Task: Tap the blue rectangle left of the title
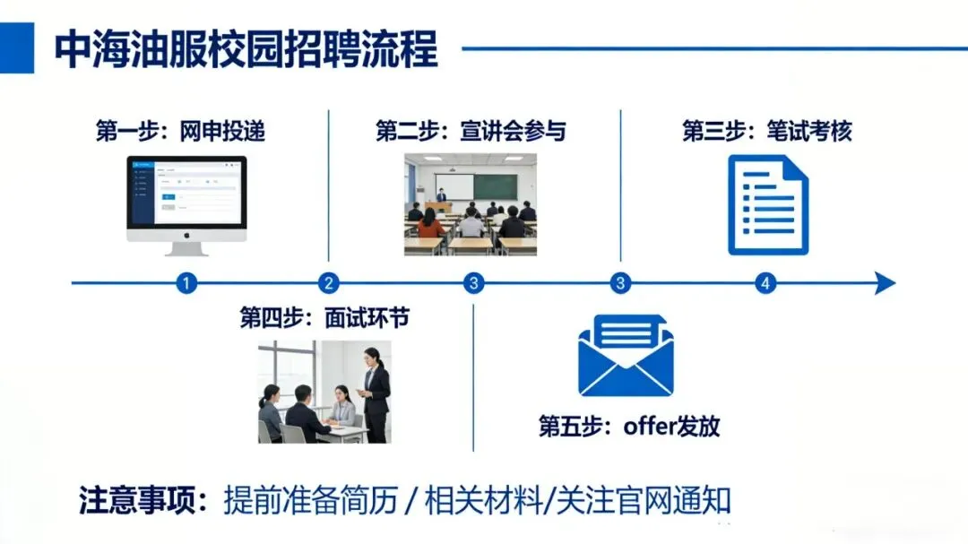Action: (17, 48)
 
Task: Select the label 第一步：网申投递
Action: (180, 131)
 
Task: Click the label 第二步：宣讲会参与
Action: (471, 131)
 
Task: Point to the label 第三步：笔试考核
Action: (767, 131)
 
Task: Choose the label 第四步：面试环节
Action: (324, 318)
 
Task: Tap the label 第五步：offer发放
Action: (629, 426)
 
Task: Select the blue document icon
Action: (768, 204)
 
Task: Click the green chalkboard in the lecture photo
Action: (495, 186)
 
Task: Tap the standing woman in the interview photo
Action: (376, 394)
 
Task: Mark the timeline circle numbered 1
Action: (186, 284)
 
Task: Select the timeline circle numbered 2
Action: (329, 284)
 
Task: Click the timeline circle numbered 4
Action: (765, 284)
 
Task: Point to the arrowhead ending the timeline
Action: (885, 284)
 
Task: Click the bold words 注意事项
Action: (143, 500)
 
